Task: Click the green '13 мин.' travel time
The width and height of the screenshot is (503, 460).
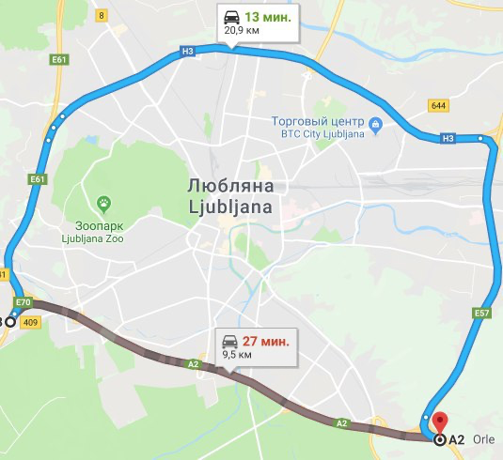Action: pyautogui.click(x=268, y=17)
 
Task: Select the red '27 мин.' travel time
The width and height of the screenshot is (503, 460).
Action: pyautogui.click(x=266, y=341)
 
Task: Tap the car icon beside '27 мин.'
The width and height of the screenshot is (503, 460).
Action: pyautogui.click(x=228, y=340)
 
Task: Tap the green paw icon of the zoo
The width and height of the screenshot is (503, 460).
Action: pyautogui.click(x=103, y=202)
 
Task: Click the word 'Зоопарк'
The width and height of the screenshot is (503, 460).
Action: pyautogui.click(x=101, y=226)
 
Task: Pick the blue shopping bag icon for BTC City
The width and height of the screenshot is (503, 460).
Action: pyautogui.click(x=374, y=122)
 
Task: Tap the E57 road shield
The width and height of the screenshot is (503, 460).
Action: pyautogui.click(x=483, y=313)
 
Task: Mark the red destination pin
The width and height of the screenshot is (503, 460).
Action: pyautogui.click(x=440, y=423)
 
